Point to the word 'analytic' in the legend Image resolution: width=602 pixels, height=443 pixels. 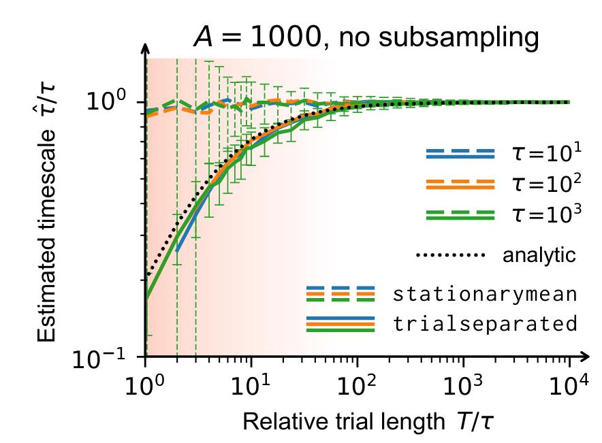point(539,256)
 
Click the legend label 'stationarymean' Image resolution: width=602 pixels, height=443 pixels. point(486,295)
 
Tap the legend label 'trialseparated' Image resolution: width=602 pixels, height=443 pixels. point(486,324)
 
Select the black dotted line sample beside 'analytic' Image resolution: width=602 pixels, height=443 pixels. point(450,256)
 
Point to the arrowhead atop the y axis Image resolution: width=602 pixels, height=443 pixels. point(146,49)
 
